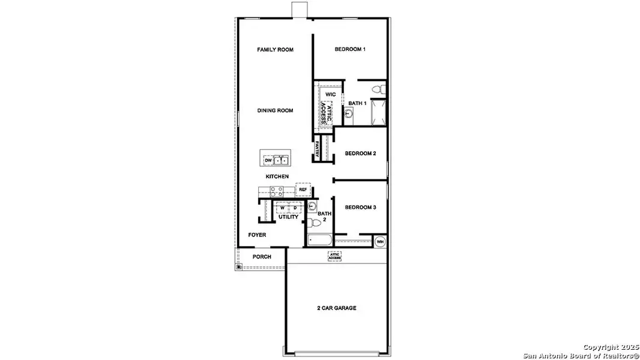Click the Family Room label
[275, 50]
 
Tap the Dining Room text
[275, 110]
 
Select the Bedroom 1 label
[350, 50]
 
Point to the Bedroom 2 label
[360, 154]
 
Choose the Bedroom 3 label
[360, 208]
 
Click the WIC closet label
[330, 95]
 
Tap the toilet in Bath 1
[377, 89]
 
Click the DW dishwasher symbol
[268, 160]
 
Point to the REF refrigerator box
[303, 190]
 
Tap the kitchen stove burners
[276, 191]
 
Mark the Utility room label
[288, 217]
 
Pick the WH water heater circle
[380, 242]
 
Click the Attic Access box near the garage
[334, 256]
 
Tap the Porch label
[261, 257]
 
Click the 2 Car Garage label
[337, 308]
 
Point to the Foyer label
[257, 235]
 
